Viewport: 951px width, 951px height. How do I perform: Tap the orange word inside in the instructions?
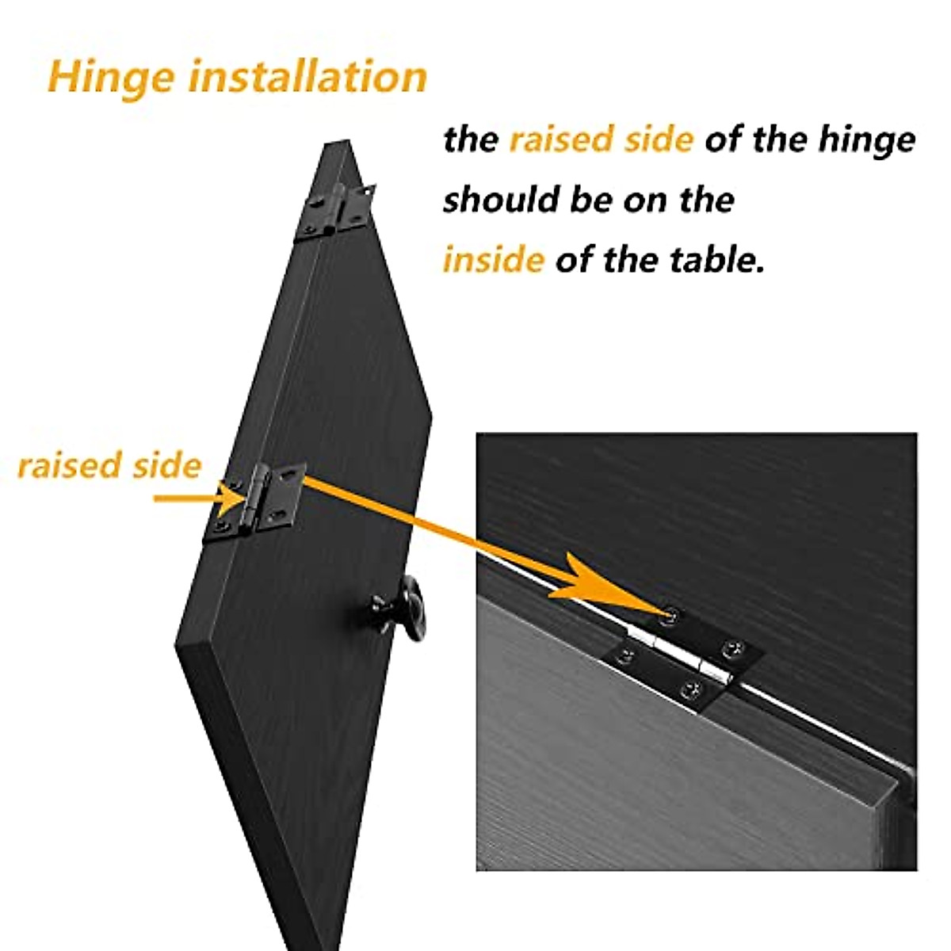(493, 260)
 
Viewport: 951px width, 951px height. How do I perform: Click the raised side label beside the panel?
(109, 465)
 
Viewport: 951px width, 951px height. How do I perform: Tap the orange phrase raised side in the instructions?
(601, 139)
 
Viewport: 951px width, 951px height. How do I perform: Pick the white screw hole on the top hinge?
(368, 190)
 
